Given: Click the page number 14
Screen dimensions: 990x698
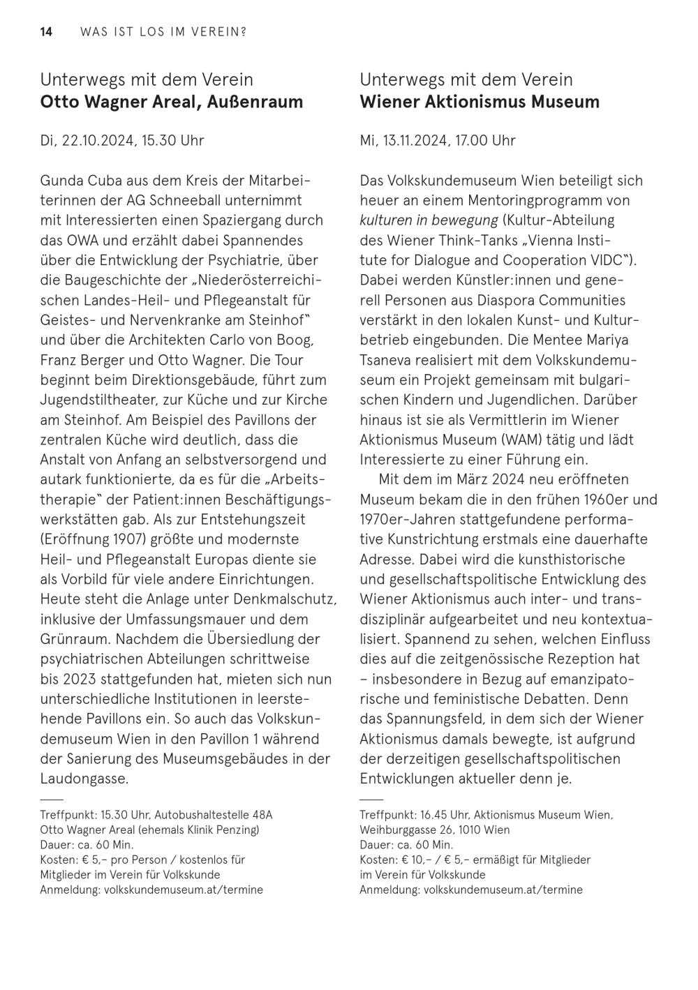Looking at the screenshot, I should click(x=46, y=32).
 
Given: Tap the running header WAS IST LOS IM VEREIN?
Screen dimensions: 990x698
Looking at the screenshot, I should click(x=163, y=32).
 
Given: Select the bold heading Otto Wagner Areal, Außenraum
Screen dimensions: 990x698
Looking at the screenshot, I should click(x=172, y=102).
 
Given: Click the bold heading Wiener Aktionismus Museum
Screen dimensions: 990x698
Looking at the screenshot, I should click(x=480, y=102).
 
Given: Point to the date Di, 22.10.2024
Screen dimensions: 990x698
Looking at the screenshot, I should click(x=87, y=140).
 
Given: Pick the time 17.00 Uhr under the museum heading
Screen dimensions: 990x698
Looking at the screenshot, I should click(x=485, y=140).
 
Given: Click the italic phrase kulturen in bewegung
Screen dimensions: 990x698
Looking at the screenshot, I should click(x=429, y=220).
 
